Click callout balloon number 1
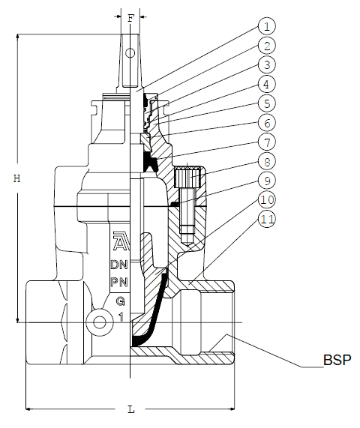[x=266, y=26]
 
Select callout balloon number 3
[x=266, y=65]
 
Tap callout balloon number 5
[x=266, y=103]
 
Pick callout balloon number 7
[x=266, y=142]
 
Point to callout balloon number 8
[x=266, y=162]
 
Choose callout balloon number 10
[x=266, y=200]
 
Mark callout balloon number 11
[x=266, y=219]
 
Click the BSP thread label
[x=337, y=360]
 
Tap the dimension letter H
[x=17, y=178]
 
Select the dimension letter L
[x=131, y=409]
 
